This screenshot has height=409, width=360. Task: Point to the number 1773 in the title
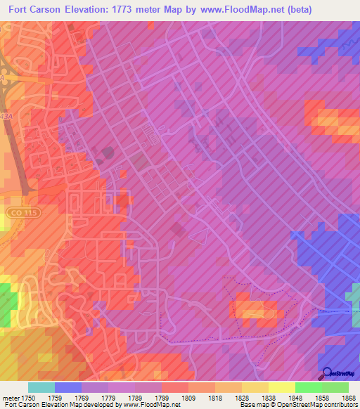[x=142, y=9]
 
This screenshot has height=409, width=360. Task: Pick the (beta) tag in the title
[x=313, y=9]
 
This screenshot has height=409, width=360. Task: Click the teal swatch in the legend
[x=41, y=387]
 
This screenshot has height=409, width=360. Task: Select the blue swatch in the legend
[x=67, y=387]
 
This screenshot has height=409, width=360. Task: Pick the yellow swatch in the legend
[x=281, y=387]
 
